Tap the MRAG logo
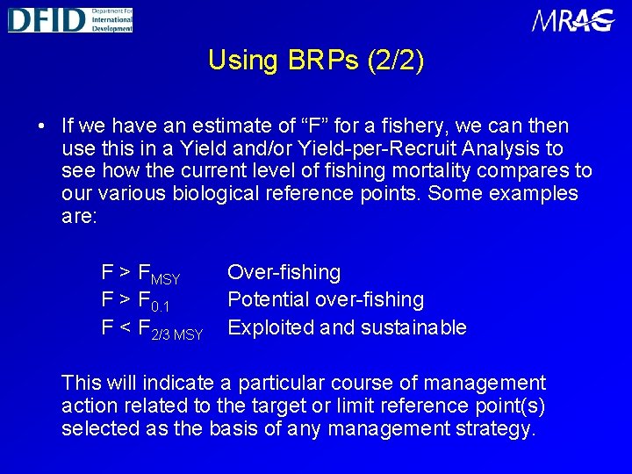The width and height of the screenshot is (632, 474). coord(573,20)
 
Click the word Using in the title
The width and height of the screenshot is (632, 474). coord(243,61)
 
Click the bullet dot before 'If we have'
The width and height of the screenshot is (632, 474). coord(42,126)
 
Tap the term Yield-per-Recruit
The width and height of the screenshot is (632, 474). coord(427,148)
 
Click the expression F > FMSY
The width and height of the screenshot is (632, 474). coord(140,275)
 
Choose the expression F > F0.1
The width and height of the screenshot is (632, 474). coord(135,302)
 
